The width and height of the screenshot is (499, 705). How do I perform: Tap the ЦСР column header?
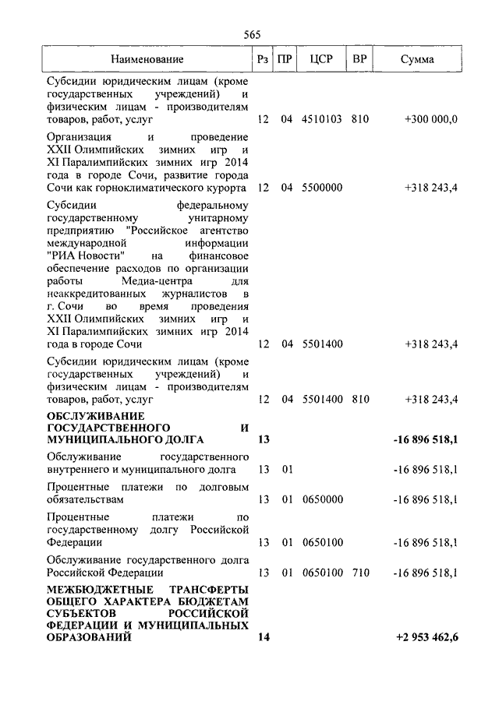click(x=321, y=59)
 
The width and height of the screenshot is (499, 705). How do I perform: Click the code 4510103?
click(x=322, y=120)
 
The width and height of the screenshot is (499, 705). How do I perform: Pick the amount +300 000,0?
click(x=431, y=120)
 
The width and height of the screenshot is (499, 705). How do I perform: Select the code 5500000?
click(x=322, y=188)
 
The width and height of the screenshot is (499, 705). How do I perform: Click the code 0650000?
click(x=322, y=499)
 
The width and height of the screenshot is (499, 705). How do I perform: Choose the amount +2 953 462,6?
click(x=427, y=637)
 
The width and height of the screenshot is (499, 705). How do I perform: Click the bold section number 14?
click(x=263, y=637)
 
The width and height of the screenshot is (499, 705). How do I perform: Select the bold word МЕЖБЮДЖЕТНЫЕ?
click(x=94, y=587)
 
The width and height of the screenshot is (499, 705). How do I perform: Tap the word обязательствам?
click(x=85, y=499)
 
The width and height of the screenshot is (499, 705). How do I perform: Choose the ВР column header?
click(x=359, y=59)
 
